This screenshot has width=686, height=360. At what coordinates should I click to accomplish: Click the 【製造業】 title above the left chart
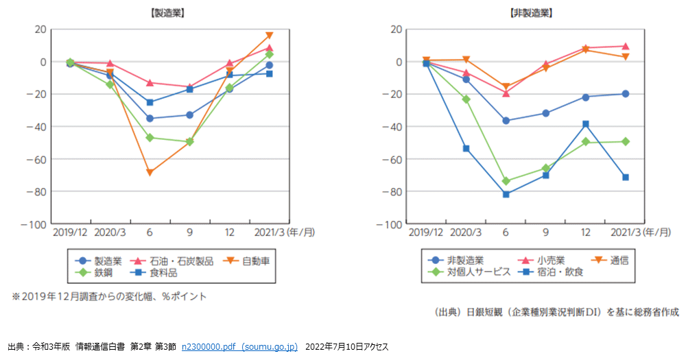[169, 12]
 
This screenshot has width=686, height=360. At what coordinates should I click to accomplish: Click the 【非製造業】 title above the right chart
[531, 12]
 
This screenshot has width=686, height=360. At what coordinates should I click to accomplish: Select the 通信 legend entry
[612, 261]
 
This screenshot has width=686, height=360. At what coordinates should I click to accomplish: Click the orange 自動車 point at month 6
[150, 172]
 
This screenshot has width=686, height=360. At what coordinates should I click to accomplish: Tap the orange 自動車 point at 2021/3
[269, 36]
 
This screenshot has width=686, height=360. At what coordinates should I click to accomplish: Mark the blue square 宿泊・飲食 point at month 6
[506, 194]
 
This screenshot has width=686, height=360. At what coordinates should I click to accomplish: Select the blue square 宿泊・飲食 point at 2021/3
[626, 178]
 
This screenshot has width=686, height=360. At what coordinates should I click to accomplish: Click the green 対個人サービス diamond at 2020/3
[466, 99]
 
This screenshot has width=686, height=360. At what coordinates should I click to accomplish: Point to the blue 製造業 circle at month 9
[189, 115]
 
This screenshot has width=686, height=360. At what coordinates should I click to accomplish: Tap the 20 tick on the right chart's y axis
[396, 29]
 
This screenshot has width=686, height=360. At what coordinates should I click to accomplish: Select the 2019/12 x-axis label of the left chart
[70, 232]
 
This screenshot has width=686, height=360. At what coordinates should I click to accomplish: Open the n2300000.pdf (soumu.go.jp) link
[239, 347]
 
